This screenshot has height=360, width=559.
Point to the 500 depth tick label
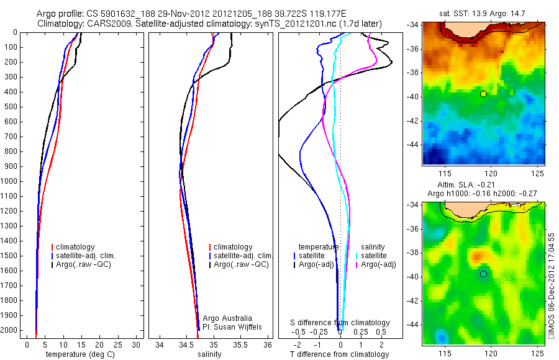tap(11, 107)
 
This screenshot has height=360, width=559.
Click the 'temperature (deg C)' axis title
tap(78, 354)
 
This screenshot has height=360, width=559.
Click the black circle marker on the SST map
tap(483, 94)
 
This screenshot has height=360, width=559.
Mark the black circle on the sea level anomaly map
tap(483, 274)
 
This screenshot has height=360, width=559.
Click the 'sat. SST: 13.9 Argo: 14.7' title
tap(484, 13)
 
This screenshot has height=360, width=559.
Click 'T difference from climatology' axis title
tap(340, 354)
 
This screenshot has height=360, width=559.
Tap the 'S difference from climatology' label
tap(340, 323)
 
